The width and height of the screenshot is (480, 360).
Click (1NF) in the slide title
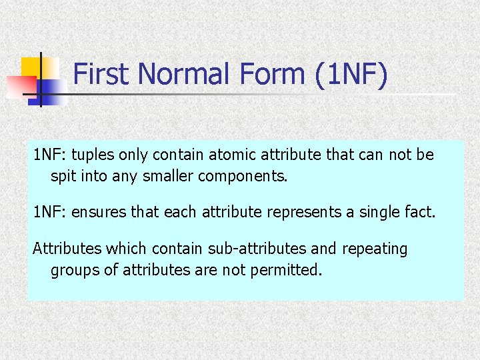point(350,75)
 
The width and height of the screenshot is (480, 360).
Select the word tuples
point(92,155)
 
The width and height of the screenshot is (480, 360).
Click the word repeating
point(374,249)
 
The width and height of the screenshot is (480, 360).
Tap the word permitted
point(286,271)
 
